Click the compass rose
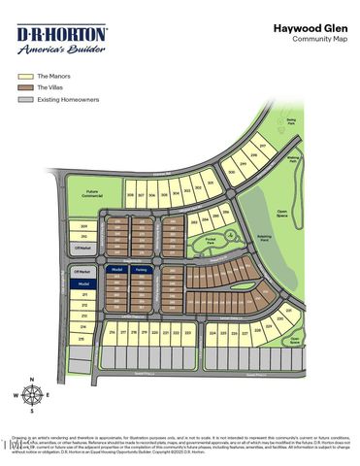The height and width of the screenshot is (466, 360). [x=33, y=395]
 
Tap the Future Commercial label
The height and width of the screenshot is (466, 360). [x=93, y=193]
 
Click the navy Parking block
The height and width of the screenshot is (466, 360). [x=141, y=271]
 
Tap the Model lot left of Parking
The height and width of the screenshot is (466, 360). [x=115, y=271]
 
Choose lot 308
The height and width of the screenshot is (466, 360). [x=130, y=195]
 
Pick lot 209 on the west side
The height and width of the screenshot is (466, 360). [x=84, y=226]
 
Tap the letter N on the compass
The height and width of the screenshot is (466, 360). [x=33, y=381]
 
